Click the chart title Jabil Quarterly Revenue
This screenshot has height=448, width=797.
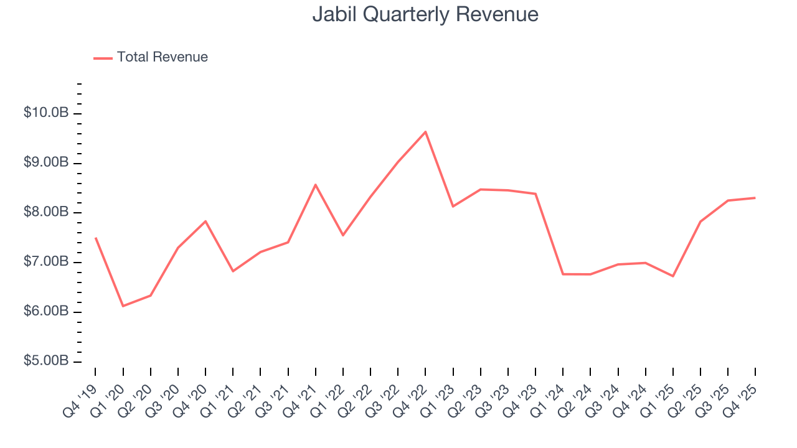(425, 14)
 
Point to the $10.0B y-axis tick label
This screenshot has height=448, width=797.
(46, 113)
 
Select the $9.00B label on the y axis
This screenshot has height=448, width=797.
(46, 163)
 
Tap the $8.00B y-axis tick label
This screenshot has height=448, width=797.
(46, 213)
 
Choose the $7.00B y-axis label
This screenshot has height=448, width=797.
(46, 262)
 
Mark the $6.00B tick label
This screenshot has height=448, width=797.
(46, 312)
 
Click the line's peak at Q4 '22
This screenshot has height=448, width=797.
(425, 132)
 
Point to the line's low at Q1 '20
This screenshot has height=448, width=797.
(123, 306)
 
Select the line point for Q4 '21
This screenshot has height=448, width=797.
(316, 185)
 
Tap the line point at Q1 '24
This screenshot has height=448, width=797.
(563, 274)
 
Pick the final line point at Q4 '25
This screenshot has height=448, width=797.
(755, 198)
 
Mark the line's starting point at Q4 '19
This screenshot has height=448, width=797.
(95, 238)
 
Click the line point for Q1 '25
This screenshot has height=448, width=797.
(673, 276)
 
